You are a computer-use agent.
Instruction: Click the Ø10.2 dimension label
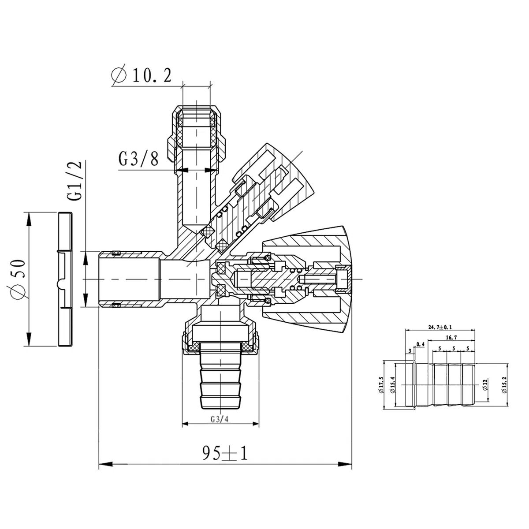point(142,75)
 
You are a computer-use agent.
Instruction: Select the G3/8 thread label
point(138,159)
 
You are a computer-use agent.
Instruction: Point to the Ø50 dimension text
point(17,279)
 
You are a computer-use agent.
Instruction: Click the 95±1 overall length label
point(225,453)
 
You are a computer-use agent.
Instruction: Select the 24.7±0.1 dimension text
point(440,327)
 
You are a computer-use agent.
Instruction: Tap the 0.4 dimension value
point(420,344)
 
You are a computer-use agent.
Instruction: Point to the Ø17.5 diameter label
point(381,384)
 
